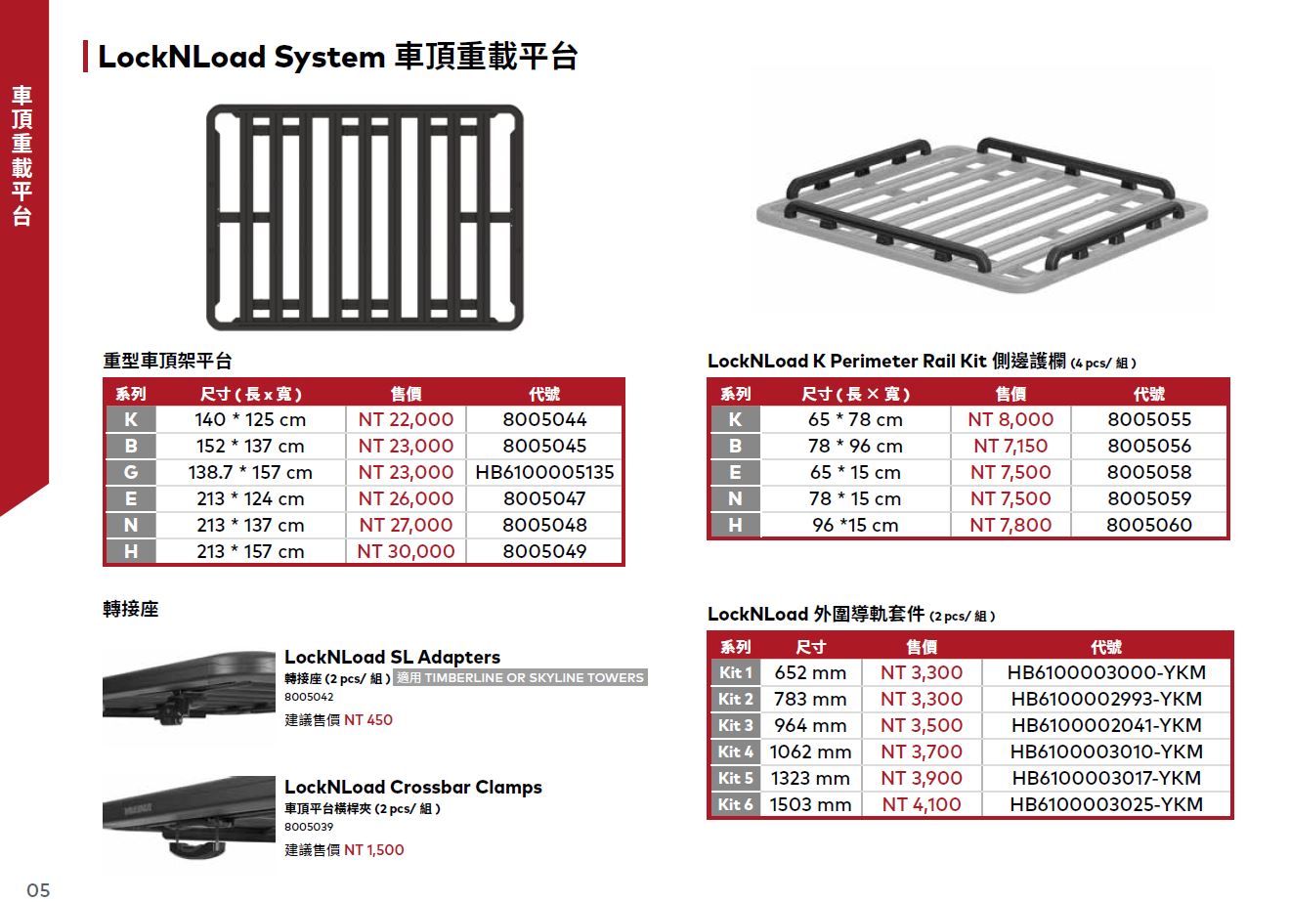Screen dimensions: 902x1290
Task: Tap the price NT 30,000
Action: [406, 551]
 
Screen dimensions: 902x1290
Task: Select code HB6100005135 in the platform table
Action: [544, 472]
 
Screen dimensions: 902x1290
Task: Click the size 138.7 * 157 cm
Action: [250, 472]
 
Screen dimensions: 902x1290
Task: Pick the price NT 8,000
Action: [1010, 419]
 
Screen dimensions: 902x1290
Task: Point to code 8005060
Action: [1149, 525]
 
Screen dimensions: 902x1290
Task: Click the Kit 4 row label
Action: [736, 752]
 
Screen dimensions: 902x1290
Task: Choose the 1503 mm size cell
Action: [810, 804]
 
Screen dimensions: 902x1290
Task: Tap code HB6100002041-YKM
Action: [1106, 725]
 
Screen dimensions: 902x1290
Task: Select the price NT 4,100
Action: [921, 804]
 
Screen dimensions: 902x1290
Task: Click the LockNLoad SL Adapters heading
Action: [392, 657]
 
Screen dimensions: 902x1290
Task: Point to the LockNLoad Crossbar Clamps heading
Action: [412, 787]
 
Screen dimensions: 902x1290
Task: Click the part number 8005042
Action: [309, 698]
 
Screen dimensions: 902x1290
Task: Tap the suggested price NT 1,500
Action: [373, 850]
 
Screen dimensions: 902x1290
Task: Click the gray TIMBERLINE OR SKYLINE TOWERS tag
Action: [521, 677]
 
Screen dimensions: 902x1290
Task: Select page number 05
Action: [38, 889]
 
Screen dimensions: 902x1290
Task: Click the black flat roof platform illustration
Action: [365, 215]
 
